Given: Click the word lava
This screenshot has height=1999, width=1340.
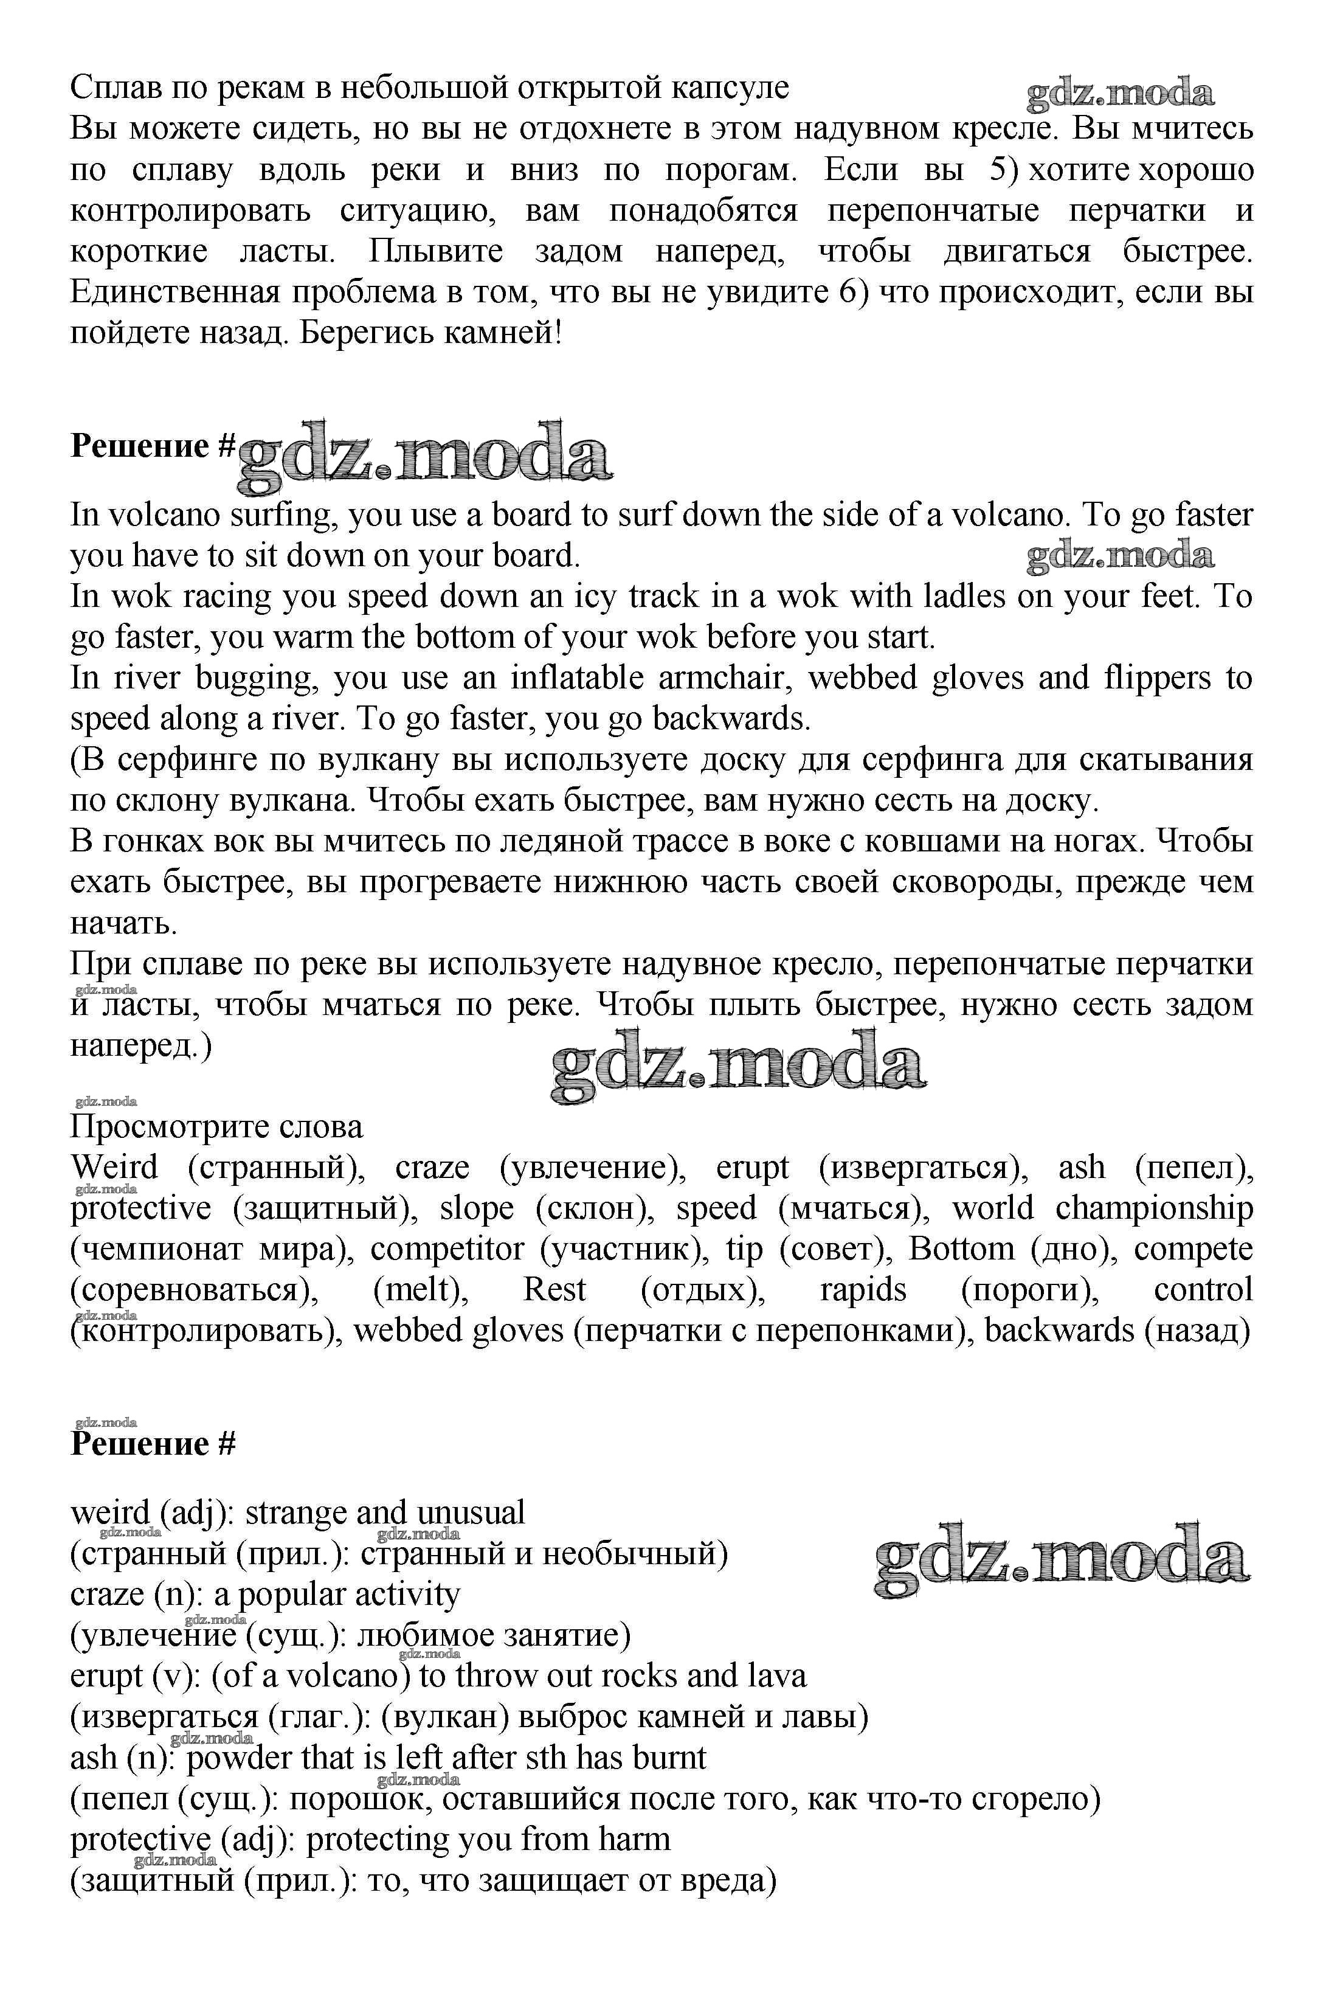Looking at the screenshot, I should [x=776, y=1676].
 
